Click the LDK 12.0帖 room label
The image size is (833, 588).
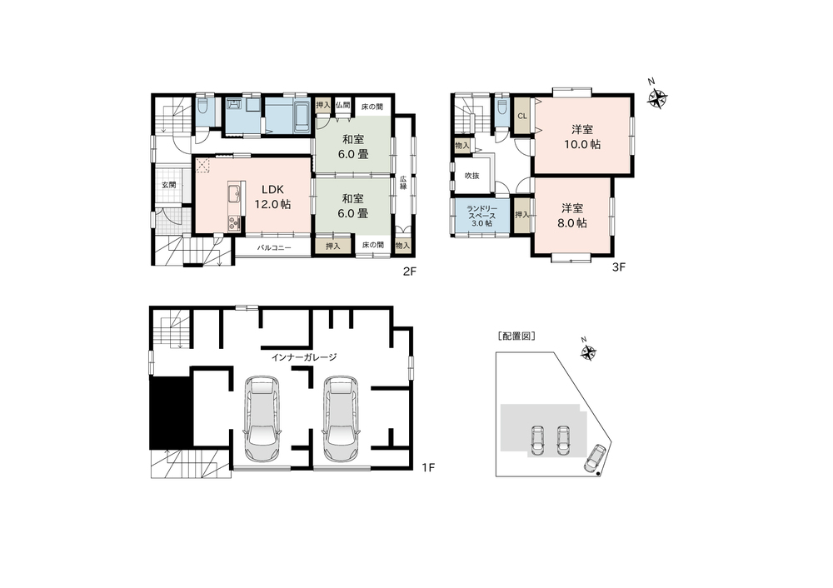272,197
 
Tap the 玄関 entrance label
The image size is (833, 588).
169,185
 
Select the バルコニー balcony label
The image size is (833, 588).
274,247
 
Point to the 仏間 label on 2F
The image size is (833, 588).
342,105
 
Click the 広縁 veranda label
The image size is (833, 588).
403,182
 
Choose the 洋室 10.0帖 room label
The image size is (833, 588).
583,137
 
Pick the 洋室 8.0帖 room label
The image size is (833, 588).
572,216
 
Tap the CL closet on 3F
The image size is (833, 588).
522,116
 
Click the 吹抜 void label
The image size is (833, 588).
471,175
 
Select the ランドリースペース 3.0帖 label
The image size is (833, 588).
481,216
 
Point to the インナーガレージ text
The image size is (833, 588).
304,357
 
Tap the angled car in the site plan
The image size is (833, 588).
595,458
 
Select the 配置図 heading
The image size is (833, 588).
516,336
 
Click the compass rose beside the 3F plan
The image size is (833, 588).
658,97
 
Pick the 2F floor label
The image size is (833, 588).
409,272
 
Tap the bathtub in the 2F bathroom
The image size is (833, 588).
301,117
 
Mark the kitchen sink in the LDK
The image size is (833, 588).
234,194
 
